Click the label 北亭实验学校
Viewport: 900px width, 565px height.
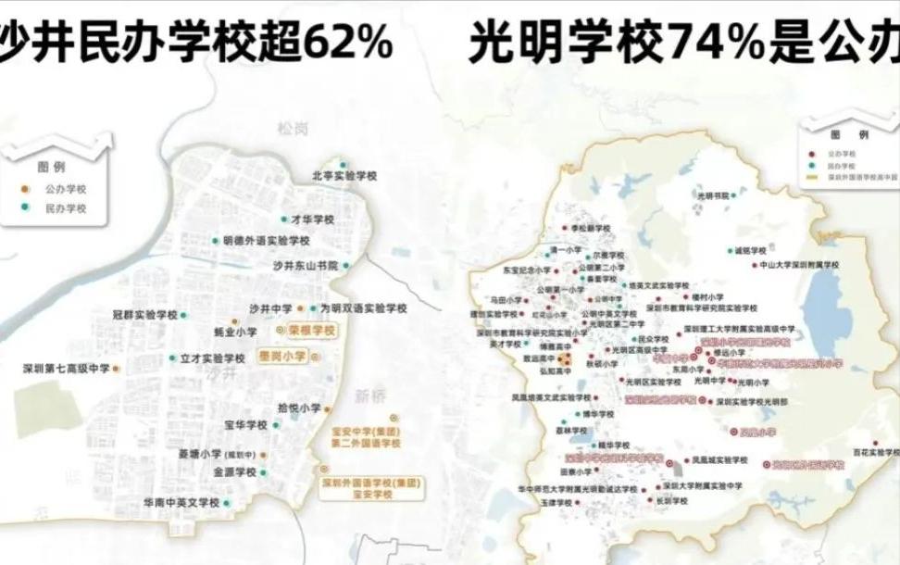(344, 176)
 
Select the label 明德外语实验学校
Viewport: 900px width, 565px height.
(266, 241)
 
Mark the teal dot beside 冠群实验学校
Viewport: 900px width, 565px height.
(183, 316)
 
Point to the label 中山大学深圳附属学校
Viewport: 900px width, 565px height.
(799, 265)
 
